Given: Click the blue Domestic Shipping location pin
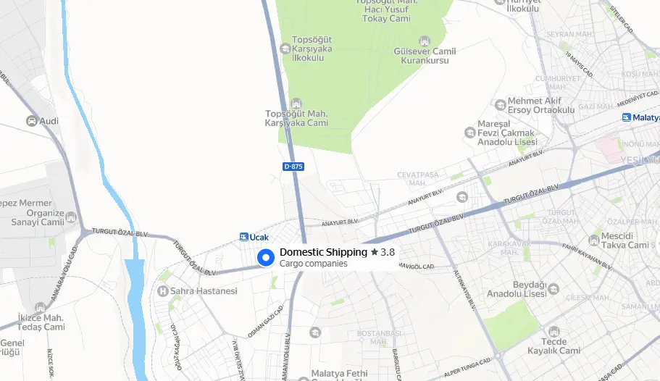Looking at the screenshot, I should point(266,257).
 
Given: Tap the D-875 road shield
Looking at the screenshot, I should point(293,167).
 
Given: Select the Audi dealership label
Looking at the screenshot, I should point(49,121).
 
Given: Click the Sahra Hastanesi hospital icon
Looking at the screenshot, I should point(162,291).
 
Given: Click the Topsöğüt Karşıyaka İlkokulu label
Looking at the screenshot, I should point(312,48).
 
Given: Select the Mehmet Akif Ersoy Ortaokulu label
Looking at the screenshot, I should point(540,105).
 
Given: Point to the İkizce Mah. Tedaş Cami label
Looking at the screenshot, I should point(41,322).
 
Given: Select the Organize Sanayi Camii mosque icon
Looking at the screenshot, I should point(70,217).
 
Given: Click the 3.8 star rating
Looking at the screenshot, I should point(383,252).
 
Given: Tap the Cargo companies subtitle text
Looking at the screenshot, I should point(314,264).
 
